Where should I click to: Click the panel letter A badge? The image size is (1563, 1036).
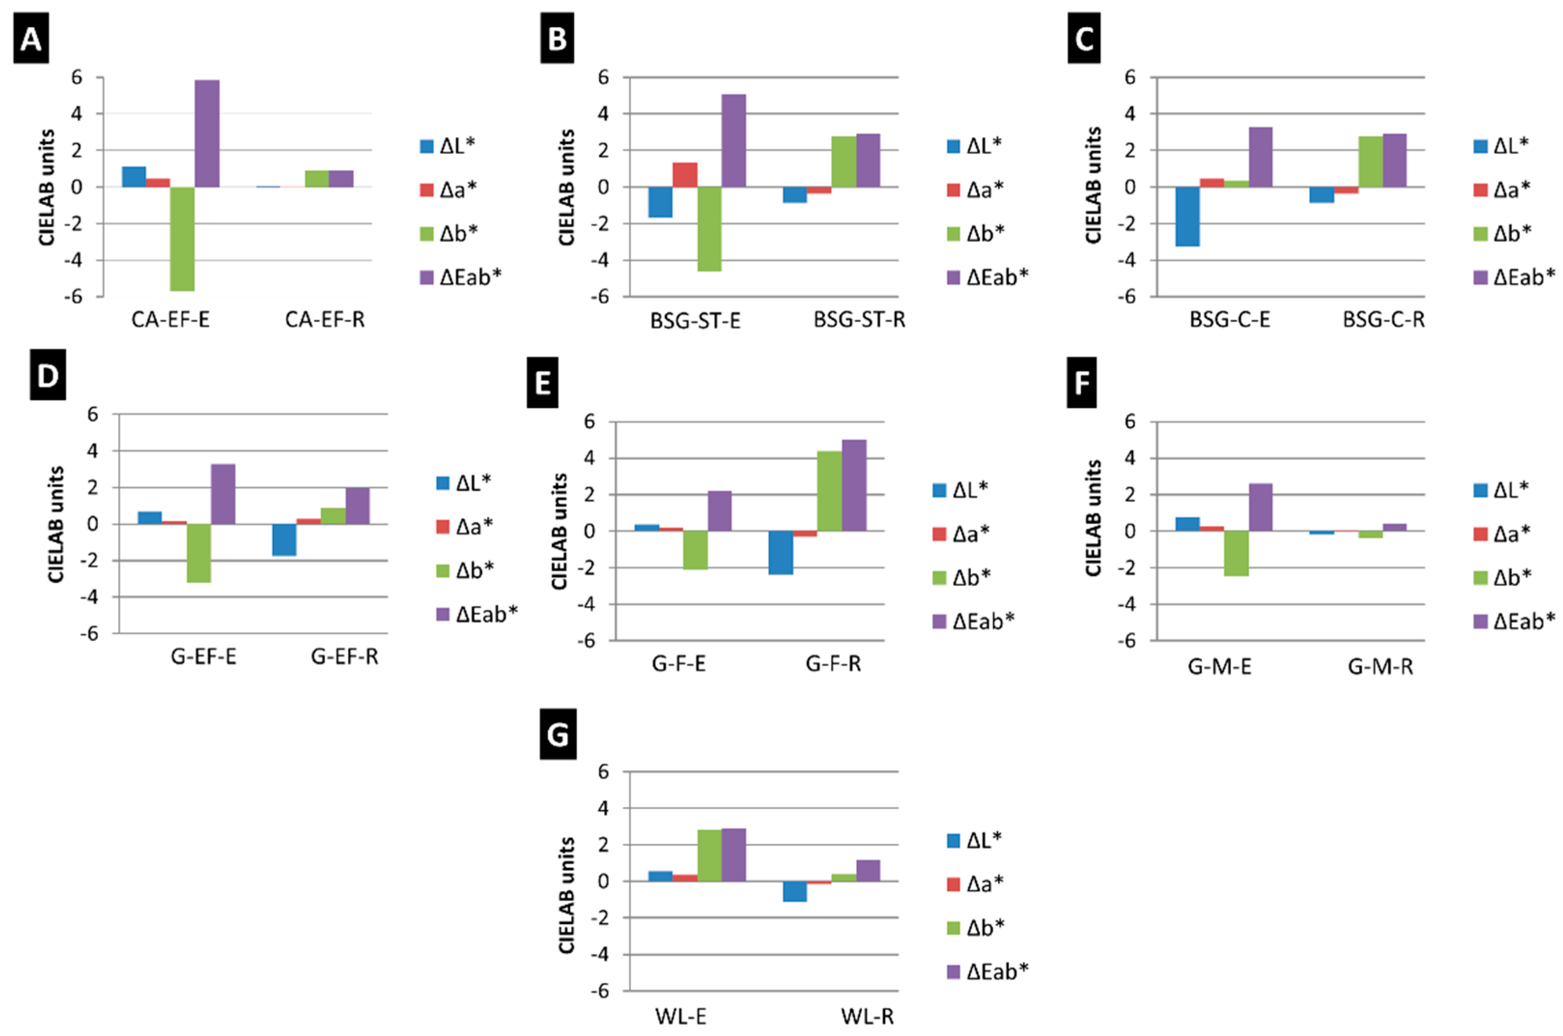pyautogui.click(x=31, y=40)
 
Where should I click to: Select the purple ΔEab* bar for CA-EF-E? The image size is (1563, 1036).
pyautogui.click(x=207, y=133)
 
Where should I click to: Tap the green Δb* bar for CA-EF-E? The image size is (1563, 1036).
pyautogui.click(x=183, y=238)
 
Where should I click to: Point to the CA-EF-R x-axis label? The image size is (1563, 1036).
pyautogui.click(x=324, y=320)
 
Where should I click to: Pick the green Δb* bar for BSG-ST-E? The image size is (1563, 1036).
pyautogui.click(x=709, y=229)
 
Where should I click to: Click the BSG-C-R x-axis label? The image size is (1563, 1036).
pyautogui.click(x=1383, y=320)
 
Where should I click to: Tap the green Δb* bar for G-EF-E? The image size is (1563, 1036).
pyautogui.click(x=198, y=553)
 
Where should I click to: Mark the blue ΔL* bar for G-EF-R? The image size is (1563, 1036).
pyautogui.click(x=284, y=540)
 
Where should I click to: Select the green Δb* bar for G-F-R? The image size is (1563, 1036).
pyautogui.click(x=830, y=491)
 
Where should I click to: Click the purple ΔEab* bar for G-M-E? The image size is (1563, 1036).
pyautogui.click(x=1260, y=507)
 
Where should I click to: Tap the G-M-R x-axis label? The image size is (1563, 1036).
pyautogui.click(x=1380, y=667)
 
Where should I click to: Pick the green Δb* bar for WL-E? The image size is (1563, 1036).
pyautogui.click(x=709, y=855)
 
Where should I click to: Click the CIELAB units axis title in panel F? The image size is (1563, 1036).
pyautogui.click(x=1094, y=518)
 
